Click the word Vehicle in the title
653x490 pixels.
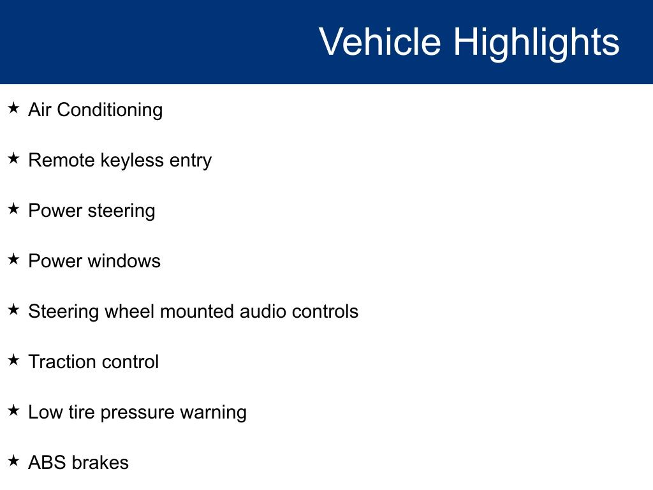380,41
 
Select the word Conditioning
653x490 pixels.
110,111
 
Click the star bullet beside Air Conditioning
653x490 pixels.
14,108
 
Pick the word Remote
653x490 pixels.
62,160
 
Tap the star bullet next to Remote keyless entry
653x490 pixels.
14,158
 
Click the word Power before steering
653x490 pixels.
55,211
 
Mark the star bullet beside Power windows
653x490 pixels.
14,259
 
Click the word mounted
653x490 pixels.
197,311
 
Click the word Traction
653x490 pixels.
62,362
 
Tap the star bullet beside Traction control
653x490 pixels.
14,360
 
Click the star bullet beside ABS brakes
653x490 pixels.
14,461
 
